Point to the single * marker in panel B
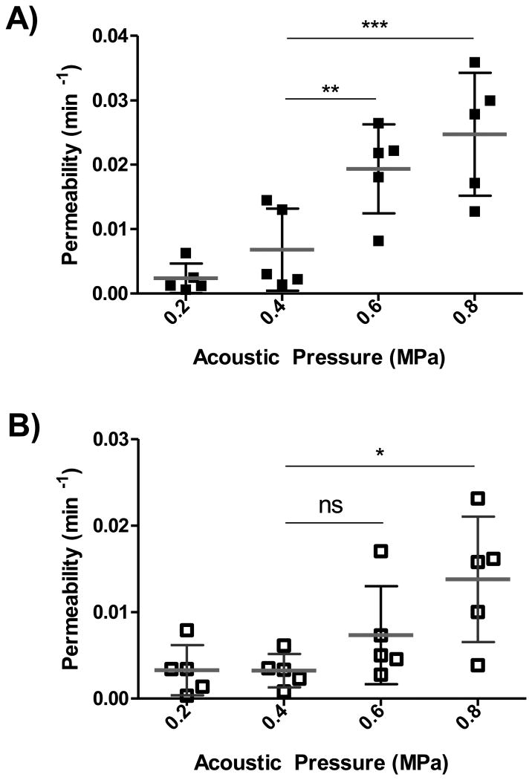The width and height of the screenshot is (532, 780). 379,452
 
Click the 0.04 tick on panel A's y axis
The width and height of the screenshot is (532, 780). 110,36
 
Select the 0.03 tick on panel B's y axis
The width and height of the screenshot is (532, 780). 110,440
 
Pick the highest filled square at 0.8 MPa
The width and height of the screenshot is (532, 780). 475,62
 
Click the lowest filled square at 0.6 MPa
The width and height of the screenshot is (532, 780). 379,241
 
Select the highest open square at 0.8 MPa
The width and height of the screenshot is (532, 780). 478,498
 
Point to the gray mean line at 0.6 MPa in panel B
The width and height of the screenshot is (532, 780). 380,635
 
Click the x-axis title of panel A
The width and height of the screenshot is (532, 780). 319,357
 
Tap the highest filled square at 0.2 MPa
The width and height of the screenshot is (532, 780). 186,253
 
